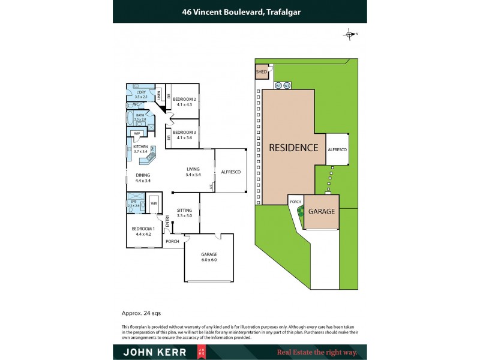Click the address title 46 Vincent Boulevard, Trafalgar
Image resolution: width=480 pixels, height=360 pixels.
click(239, 10)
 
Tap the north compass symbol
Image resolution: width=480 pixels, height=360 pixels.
click(350, 34)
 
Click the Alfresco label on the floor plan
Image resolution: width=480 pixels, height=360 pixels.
click(231, 172)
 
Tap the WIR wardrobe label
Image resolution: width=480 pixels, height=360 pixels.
click(154, 204)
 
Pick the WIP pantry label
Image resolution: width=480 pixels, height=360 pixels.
click(137, 134)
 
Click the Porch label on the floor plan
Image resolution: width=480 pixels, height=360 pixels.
click(173, 241)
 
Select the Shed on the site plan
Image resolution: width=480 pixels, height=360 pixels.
click(262, 73)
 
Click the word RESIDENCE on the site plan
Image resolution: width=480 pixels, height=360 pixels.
click(293, 148)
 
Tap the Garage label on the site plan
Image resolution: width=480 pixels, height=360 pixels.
click(322, 212)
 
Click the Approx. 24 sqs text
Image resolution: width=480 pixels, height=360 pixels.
click(141, 313)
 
